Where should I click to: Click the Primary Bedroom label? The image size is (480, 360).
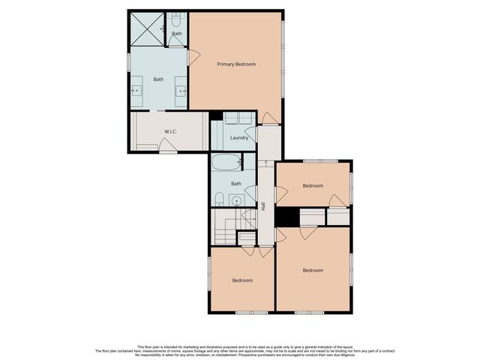click(x=236, y=64)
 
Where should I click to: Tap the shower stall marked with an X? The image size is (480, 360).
click(x=148, y=29)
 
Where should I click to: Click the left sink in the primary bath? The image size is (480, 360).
click(x=137, y=90)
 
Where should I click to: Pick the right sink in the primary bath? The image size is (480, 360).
click(x=181, y=90)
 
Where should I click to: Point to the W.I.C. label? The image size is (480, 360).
click(x=170, y=133)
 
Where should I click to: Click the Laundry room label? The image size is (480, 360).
click(x=239, y=137)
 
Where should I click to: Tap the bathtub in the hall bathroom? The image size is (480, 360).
click(x=226, y=162)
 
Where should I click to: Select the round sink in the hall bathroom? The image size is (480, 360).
click(x=235, y=200)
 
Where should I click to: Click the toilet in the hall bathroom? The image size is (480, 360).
click(x=219, y=199)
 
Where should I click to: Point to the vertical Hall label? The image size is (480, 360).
click(x=264, y=205)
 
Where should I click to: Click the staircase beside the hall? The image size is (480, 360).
click(x=226, y=225)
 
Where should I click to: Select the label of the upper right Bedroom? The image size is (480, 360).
click(x=313, y=185)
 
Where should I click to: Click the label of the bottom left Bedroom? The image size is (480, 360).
click(x=241, y=280)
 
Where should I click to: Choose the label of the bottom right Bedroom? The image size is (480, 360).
click(x=313, y=270)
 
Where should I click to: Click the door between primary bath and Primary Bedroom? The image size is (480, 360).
click(x=193, y=57)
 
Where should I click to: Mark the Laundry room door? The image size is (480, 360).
click(x=251, y=134)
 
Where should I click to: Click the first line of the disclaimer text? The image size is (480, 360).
click(x=240, y=346)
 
